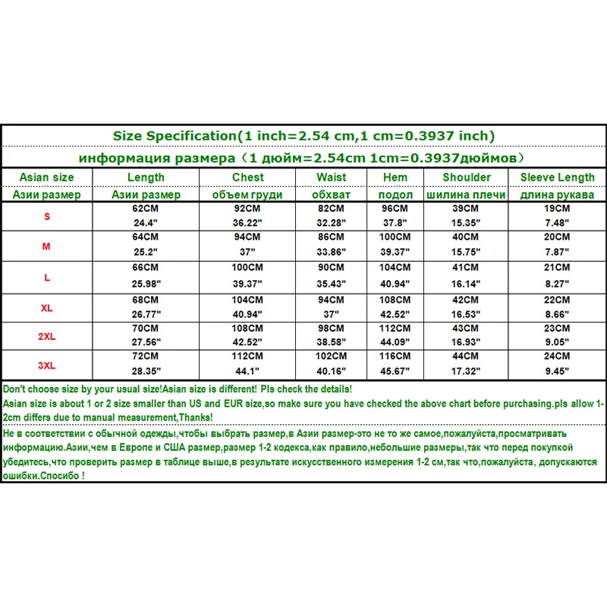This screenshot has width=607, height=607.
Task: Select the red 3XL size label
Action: coord(47,365)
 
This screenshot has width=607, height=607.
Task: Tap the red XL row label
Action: coord(47,308)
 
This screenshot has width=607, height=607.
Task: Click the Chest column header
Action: coord(248,178)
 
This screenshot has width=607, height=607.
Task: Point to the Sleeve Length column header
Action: coord(558,178)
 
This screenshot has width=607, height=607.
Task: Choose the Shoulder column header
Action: coord(467,178)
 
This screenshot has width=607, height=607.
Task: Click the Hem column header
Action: coord(395,178)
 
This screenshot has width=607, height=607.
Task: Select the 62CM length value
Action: coord(146,208)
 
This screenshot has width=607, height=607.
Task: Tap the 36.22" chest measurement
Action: coord(248,222)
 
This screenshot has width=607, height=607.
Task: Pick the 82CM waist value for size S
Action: coord(332,208)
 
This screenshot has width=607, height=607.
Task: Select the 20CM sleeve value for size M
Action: coord(558,237)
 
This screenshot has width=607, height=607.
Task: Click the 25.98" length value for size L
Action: coord(146,281)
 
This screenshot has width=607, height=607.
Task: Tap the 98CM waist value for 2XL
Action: coord(332,327)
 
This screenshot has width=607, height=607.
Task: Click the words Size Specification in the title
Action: coord(175,136)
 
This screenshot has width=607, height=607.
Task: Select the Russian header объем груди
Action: coord(248,194)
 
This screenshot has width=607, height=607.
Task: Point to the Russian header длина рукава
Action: coord(558,194)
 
